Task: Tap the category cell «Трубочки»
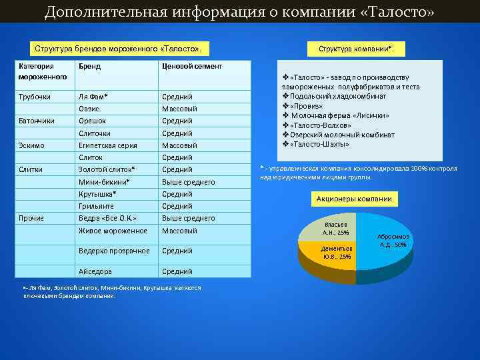coord(35,97)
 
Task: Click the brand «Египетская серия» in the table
coord(107,145)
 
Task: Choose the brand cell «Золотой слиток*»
coord(107,169)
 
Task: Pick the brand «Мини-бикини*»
coord(104,181)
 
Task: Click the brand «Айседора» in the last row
coord(95,271)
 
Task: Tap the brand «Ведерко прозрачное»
coord(114,251)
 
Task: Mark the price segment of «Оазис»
coord(179,109)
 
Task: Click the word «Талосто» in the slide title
coord(397,12)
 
